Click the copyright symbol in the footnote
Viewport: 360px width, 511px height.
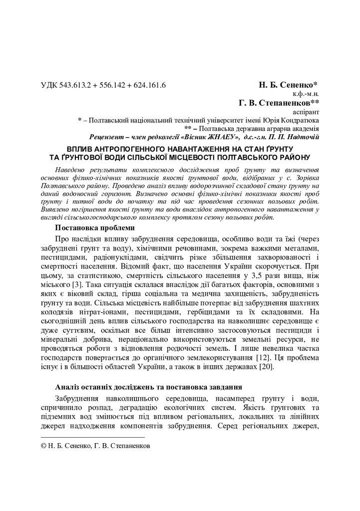(x=43, y=446)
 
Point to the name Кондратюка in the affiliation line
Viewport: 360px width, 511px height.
(x=299, y=120)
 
